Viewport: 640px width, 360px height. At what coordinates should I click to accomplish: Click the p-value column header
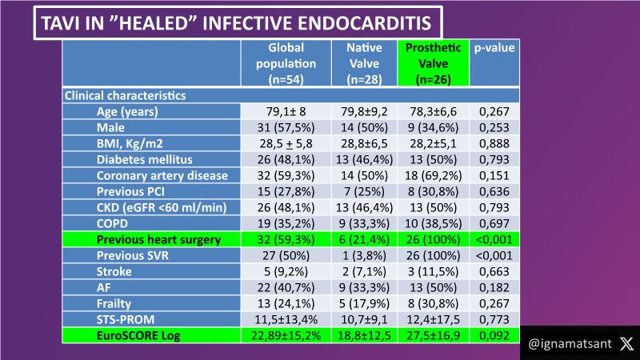(x=494, y=48)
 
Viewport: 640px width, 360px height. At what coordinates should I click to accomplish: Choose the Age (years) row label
(x=127, y=111)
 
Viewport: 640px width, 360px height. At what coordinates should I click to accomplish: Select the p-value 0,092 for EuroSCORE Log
(x=494, y=334)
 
